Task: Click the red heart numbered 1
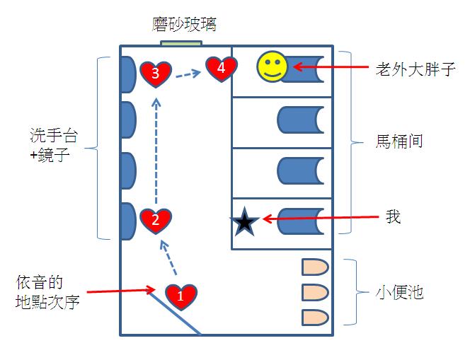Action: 180,296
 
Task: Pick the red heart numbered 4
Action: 221,69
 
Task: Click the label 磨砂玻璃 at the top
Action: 185,25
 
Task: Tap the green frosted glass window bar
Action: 183,44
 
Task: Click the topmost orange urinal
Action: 315,267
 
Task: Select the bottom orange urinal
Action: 315,316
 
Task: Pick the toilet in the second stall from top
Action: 301,121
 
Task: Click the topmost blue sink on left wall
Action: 127,74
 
